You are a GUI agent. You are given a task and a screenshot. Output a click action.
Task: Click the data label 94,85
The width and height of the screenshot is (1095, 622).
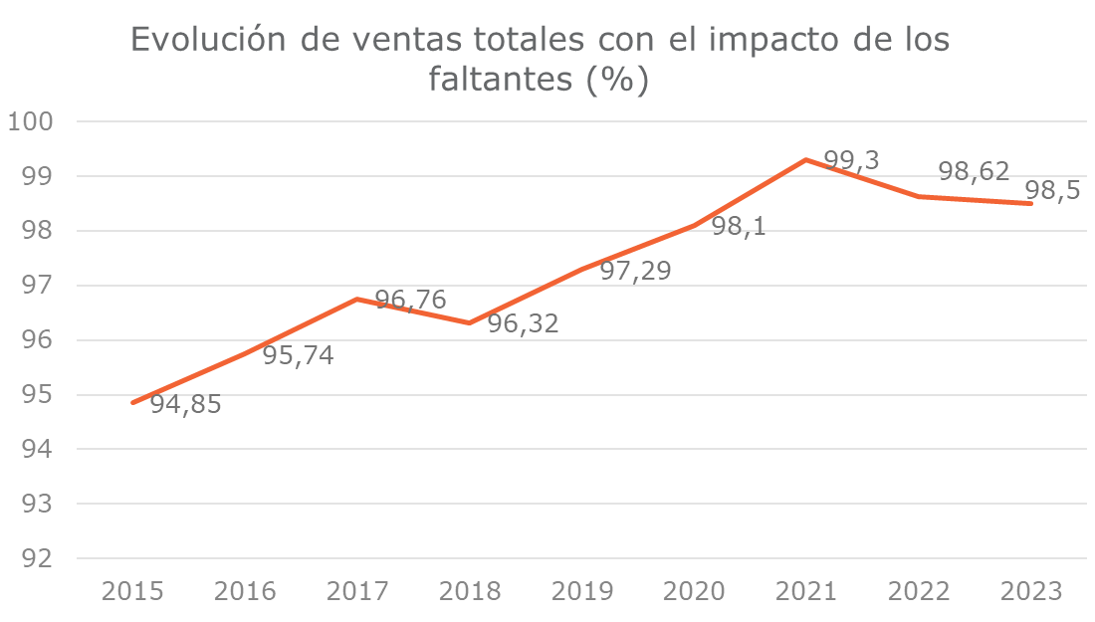point(185,405)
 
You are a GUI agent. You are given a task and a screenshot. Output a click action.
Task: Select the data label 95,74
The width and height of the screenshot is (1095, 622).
point(298,355)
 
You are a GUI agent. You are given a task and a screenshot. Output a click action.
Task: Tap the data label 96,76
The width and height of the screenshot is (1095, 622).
point(410,300)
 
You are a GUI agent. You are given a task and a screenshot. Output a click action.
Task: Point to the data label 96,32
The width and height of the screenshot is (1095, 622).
point(523,323)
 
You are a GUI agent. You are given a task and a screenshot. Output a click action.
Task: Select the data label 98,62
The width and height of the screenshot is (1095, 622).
point(974,172)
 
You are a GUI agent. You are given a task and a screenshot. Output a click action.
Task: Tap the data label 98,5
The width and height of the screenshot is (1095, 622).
point(1053,191)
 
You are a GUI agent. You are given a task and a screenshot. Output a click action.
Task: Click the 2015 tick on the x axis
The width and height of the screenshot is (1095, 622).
point(133,591)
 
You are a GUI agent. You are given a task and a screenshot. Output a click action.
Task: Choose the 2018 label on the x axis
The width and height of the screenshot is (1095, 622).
point(470,591)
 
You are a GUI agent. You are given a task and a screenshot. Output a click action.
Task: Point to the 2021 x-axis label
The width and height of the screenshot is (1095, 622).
point(806,591)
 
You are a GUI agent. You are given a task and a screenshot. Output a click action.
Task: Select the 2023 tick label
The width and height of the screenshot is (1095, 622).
point(1030,591)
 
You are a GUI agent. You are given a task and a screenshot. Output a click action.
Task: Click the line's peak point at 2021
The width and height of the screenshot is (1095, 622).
point(806,159)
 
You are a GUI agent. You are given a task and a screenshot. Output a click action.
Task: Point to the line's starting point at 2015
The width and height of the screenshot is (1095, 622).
point(133,402)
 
